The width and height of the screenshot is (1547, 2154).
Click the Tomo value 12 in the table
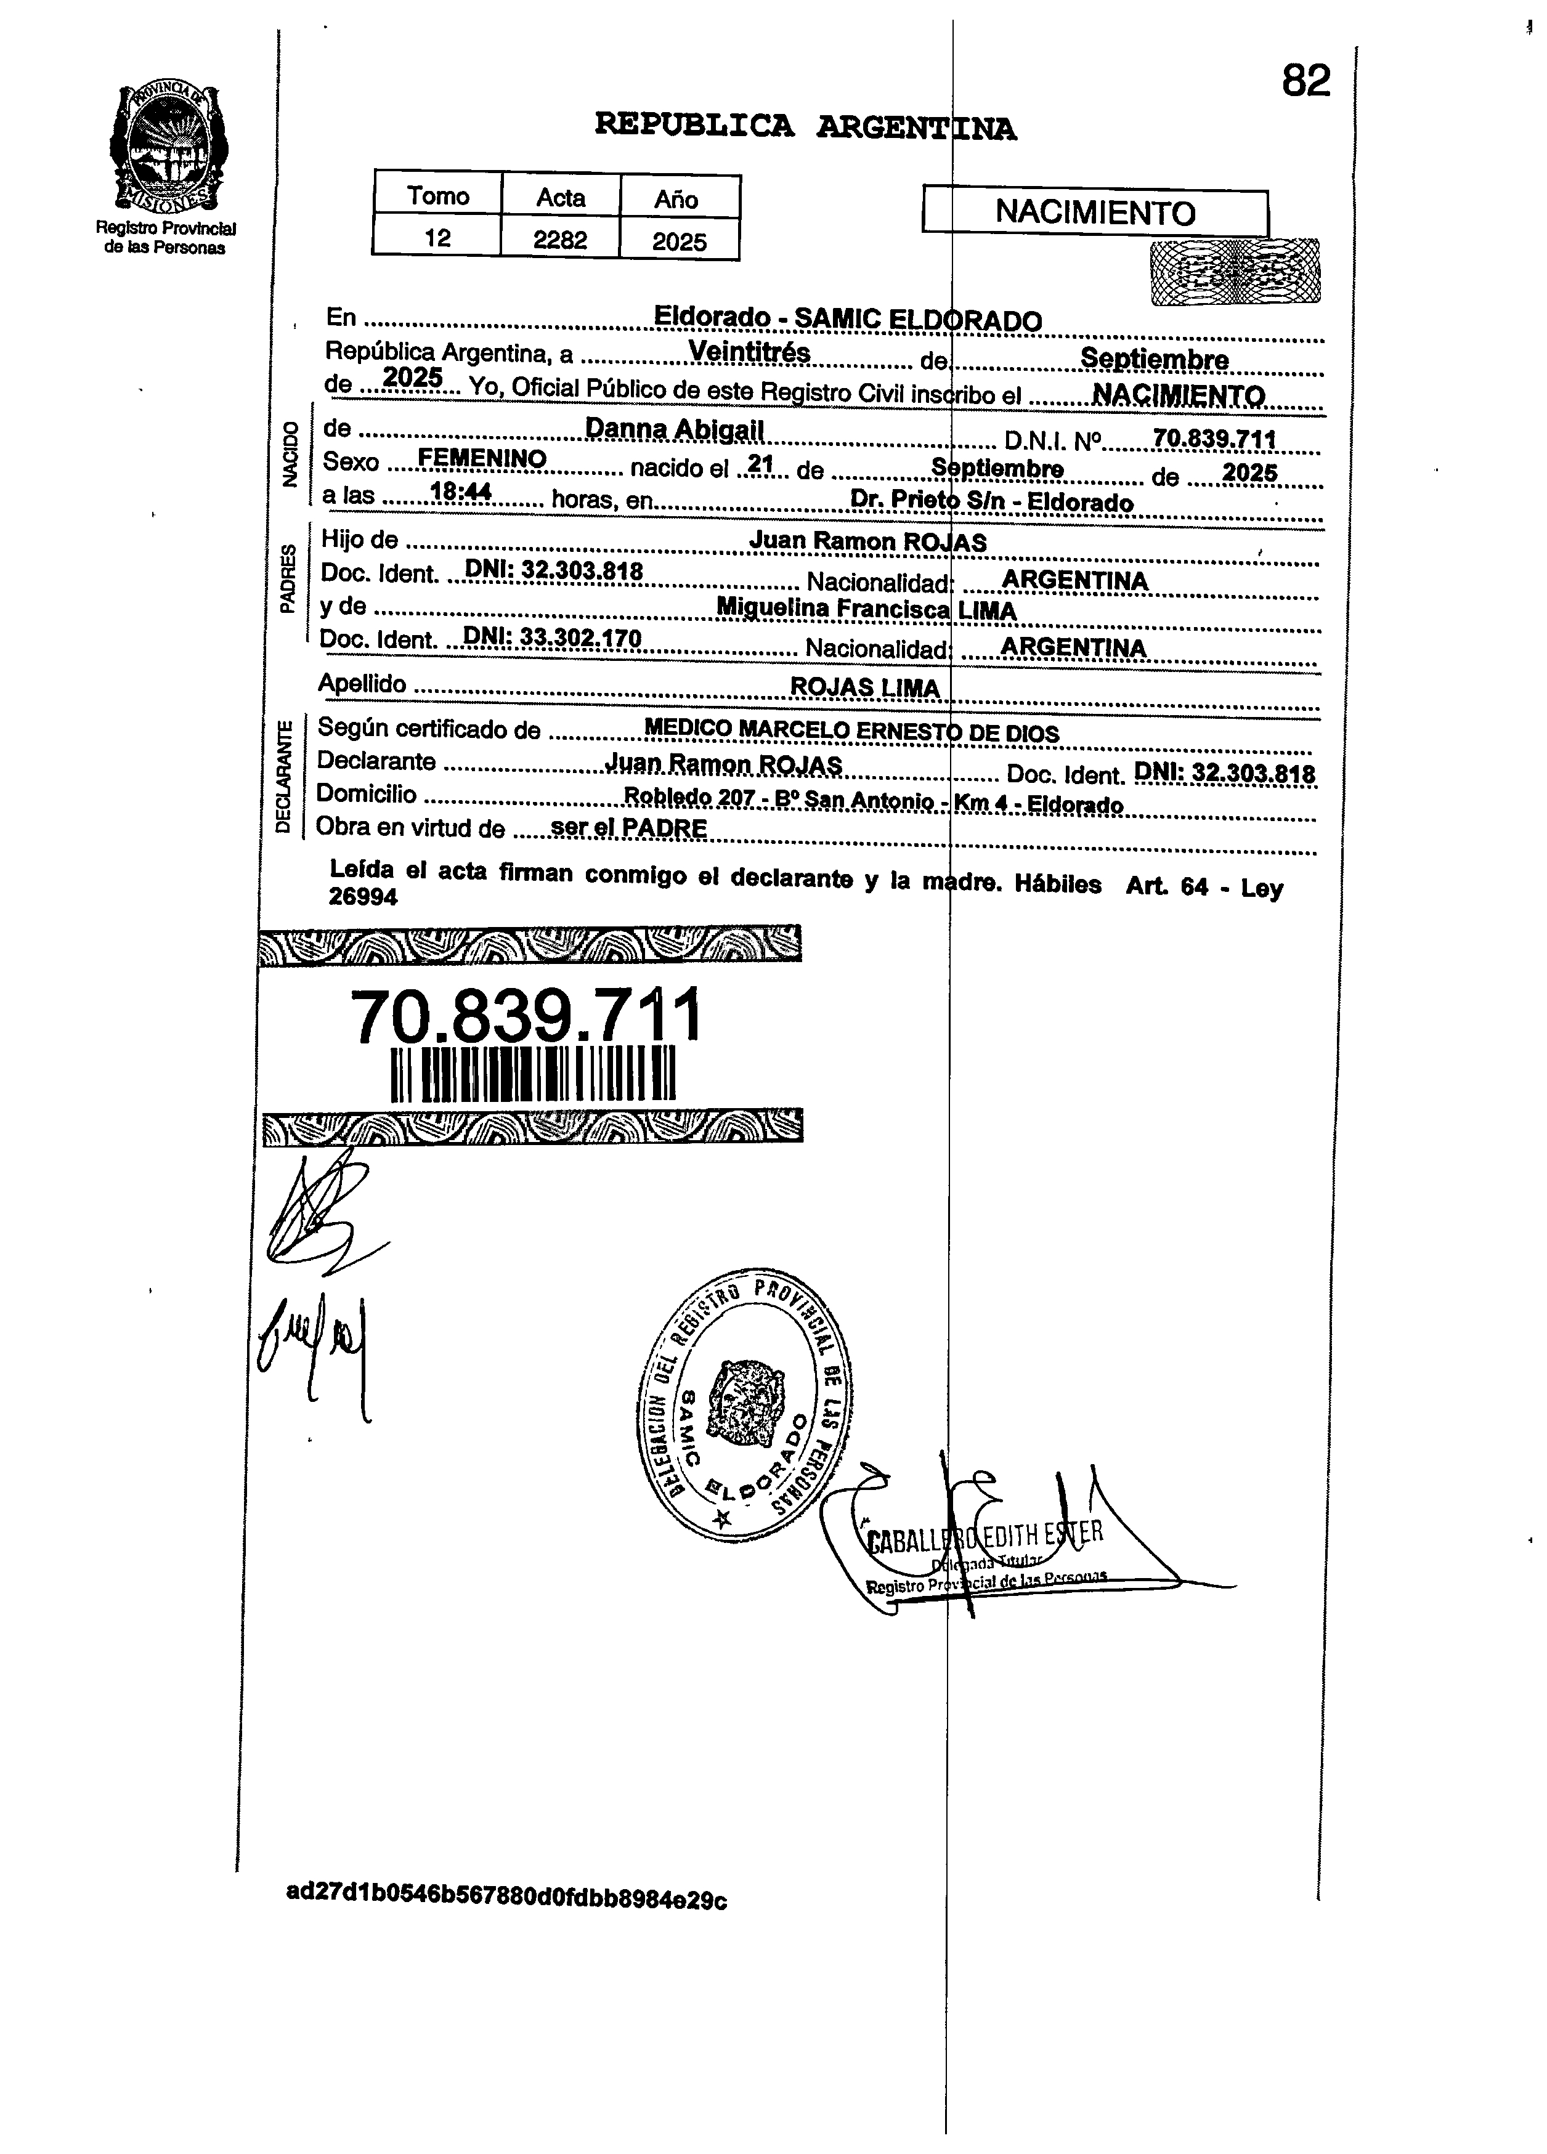pos(437,237)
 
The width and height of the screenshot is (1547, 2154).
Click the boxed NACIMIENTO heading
pos(1095,212)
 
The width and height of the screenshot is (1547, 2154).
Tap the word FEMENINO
pos(482,459)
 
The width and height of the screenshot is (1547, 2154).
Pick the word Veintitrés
pos(749,352)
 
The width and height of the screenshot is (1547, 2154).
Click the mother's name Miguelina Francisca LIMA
pos(866,609)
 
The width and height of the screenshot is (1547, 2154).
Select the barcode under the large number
pos(533,1073)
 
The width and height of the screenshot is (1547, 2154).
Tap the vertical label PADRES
pos(288,578)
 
